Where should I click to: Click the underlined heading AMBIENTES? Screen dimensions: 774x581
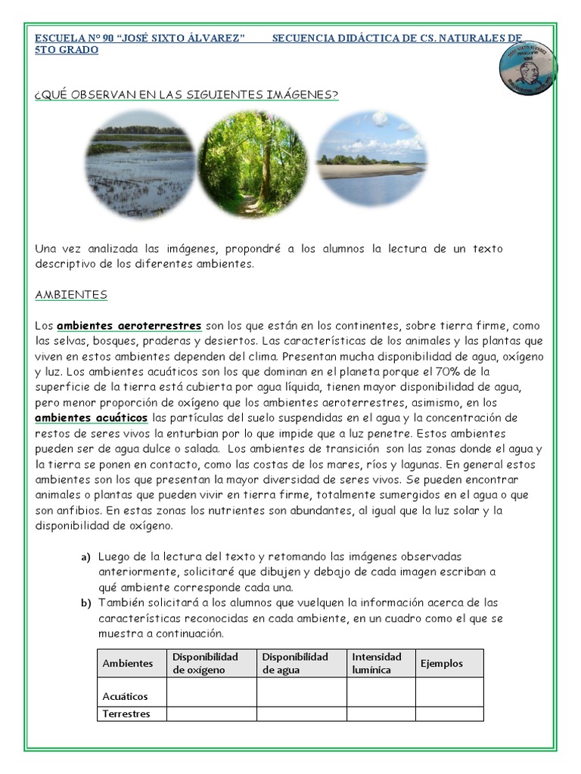click(71, 294)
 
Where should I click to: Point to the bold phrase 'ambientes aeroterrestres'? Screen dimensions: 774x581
click(129, 326)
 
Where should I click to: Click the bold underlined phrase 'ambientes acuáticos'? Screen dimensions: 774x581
click(92, 418)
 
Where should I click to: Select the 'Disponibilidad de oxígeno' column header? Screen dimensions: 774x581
click(206, 663)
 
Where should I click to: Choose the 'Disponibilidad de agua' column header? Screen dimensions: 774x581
click(295, 663)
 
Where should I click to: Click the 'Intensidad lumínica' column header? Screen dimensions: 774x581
click(377, 663)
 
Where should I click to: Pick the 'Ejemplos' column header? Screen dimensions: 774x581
click(442, 663)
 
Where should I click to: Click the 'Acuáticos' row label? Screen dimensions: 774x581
click(126, 696)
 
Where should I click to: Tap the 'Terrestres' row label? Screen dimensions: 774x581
click(126, 714)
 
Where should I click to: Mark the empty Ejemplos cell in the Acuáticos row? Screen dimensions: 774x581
click(449, 692)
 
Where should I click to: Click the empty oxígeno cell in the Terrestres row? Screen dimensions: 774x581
click(211, 714)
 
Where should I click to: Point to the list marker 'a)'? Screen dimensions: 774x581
click(86, 557)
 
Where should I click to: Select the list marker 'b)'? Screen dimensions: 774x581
click(86, 603)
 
